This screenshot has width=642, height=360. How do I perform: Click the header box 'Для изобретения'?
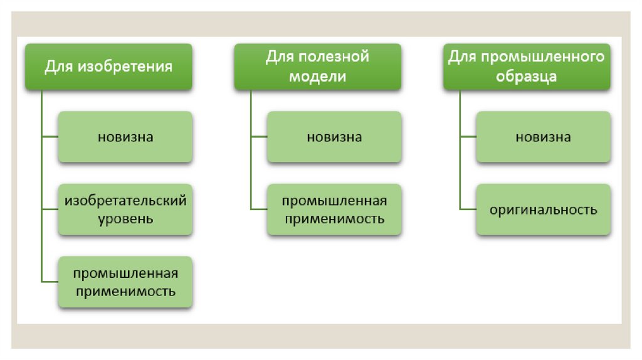[x=108, y=66]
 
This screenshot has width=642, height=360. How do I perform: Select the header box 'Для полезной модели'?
[x=317, y=66]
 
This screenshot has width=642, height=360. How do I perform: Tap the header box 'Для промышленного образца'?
[x=527, y=66]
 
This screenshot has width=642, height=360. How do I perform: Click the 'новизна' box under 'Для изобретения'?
[x=125, y=137]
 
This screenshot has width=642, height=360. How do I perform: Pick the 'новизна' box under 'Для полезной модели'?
[x=334, y=137]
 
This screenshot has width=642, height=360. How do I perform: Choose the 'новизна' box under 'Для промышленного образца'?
[x=543, y=137]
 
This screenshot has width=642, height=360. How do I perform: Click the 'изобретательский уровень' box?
[x=125, y=209]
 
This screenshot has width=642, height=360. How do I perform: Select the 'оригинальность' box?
[x=543, y=209]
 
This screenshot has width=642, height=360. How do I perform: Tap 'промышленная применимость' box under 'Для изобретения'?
[x=125, y=282]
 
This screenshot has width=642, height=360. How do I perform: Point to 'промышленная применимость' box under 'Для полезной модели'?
[x=334, y=209]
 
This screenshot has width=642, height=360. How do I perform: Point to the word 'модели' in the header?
[x=317, y=77]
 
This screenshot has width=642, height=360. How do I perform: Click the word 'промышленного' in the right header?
[x=543, y=57]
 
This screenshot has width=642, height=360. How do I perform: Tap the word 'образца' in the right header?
[x=527, y=77]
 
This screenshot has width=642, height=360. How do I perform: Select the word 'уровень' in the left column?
[x=125, y=220]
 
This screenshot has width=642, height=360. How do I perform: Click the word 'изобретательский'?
[x=125, y=201]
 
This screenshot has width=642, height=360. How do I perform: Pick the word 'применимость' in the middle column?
[x=334, y=220]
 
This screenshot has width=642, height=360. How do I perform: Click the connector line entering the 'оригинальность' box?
[x=468, y=209]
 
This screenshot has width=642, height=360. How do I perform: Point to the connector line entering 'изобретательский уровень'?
[x=50, y=209]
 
